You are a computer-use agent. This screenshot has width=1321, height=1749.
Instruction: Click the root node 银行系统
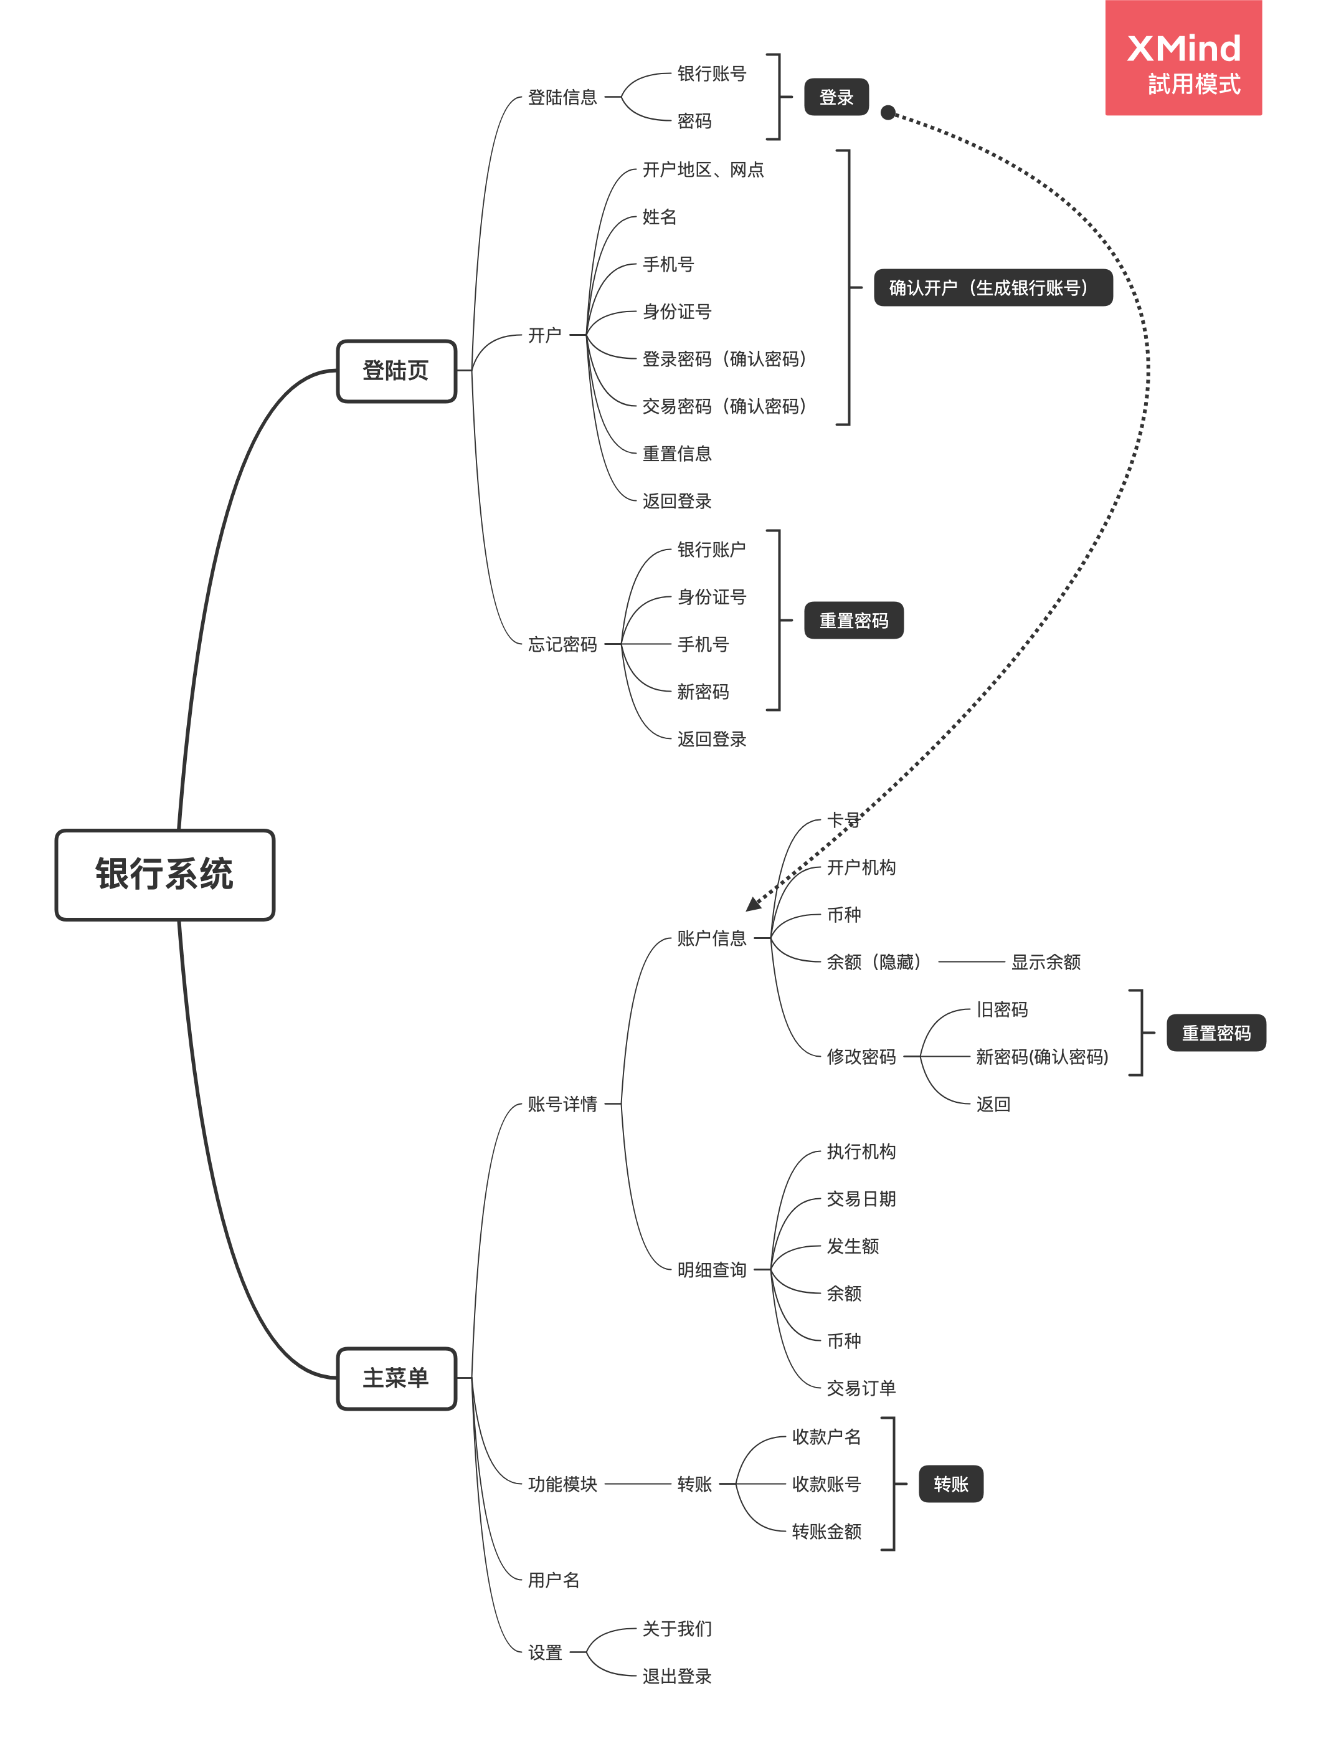(164, 875)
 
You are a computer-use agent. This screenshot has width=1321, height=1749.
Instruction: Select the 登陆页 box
(396, 371)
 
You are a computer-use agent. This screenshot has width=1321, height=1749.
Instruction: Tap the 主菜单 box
(396, 1378)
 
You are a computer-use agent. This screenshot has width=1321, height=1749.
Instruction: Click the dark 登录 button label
(836, 97)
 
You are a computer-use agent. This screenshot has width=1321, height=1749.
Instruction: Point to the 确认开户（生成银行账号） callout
(992, 288)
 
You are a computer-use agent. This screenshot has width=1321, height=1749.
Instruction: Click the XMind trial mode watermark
(1183, 59)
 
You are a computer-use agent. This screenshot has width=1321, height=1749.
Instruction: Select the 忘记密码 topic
(562, 644)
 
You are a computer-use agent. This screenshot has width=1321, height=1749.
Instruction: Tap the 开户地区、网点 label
(703, 170)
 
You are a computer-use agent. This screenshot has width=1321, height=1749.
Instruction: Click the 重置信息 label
(677, 454)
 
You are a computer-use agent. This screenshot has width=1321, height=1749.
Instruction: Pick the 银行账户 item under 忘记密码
(711, 550)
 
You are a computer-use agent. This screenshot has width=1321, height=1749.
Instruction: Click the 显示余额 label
(1045, 962)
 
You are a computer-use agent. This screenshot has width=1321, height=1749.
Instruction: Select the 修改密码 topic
(861, 1057)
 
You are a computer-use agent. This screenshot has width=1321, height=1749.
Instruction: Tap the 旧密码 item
(1001, 1009)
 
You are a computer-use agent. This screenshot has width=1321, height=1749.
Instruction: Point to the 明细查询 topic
(711, 1270)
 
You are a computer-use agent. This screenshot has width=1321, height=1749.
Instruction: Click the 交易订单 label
(861, 1388)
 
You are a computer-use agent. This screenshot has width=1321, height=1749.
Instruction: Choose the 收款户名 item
(826, 1437)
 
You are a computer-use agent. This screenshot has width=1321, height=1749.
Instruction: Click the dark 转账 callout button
(950, 1484)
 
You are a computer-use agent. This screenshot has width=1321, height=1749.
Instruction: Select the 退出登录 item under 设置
(677, 1676)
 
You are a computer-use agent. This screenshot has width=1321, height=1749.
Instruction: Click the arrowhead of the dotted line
(752, 905)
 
